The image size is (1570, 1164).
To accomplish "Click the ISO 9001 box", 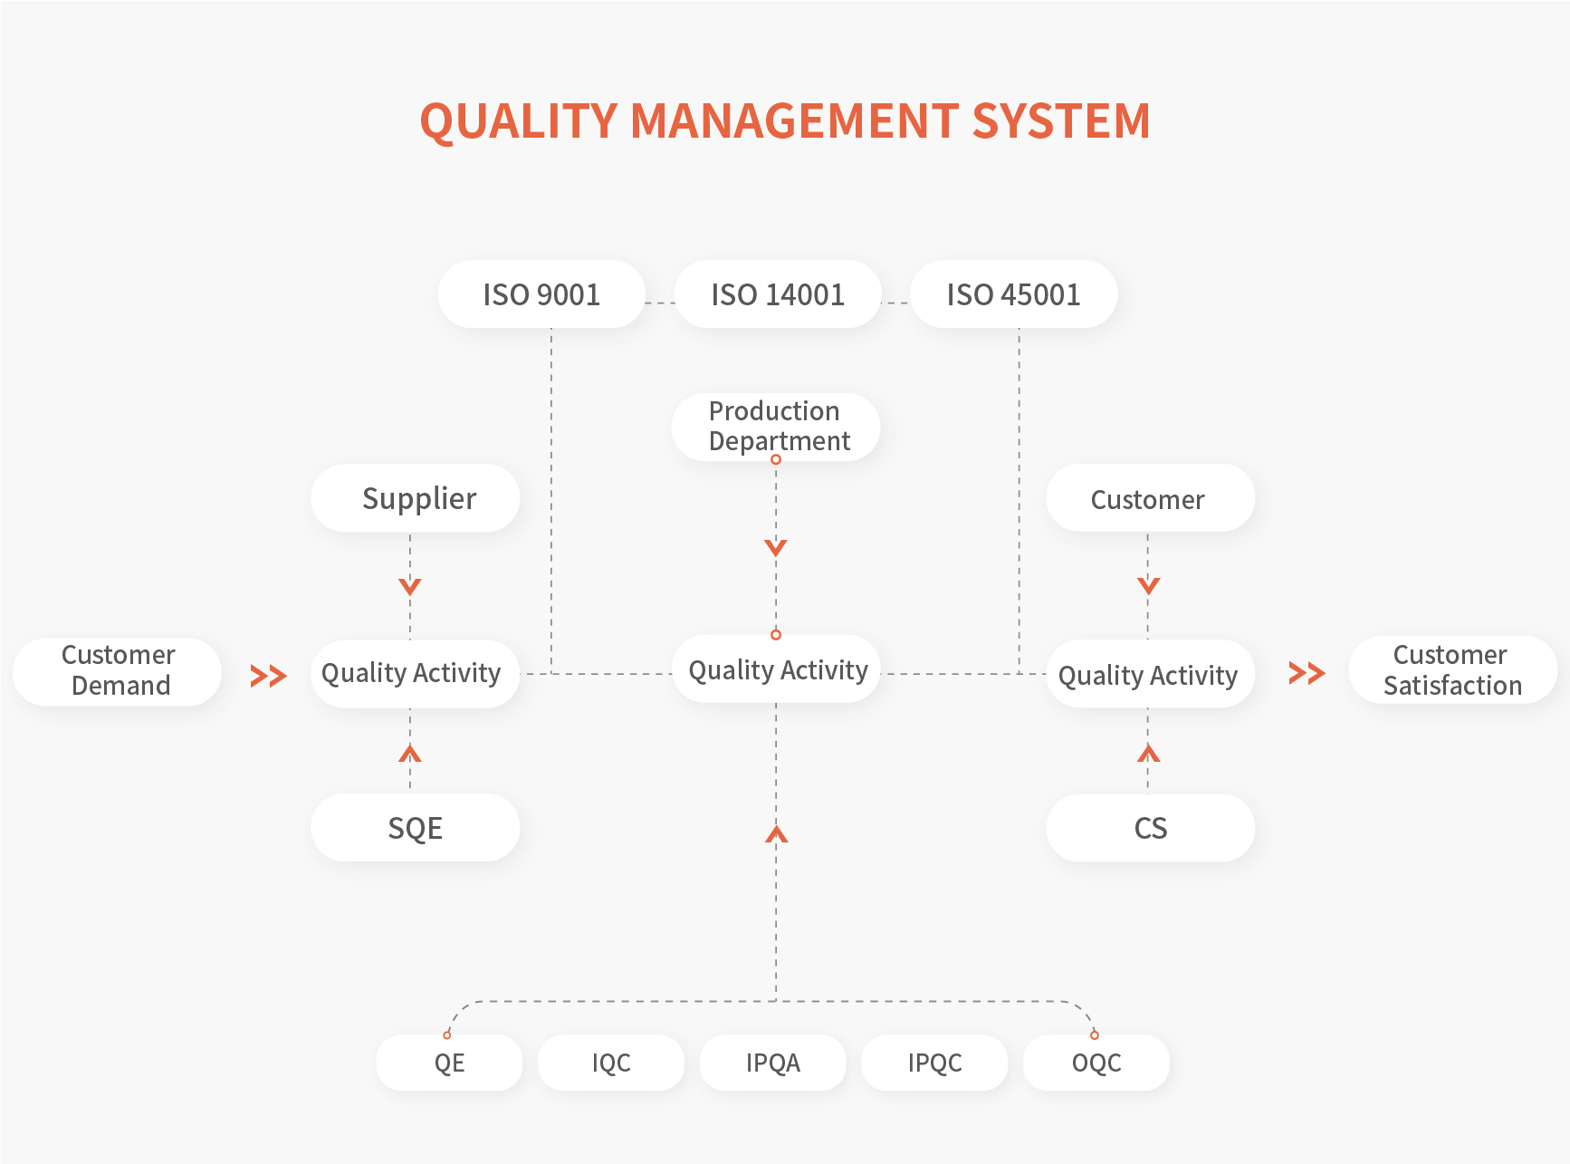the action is [541, 294].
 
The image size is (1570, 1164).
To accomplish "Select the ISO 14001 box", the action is [778, 294].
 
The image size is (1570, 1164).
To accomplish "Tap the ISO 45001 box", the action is [1014, 294].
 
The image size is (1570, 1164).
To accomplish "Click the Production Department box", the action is [776, 427].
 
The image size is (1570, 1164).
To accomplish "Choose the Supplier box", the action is [416, 498].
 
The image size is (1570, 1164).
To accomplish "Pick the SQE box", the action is [416, 828].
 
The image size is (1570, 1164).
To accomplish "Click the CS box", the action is [1151, 828].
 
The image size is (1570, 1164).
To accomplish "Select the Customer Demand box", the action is [118, 671].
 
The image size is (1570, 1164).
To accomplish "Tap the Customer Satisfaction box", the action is [1453, 670].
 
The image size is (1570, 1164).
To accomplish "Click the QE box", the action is [449, 1063].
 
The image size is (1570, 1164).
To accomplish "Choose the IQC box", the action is [611, 1063].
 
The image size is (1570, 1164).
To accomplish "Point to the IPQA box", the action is [773, 1063].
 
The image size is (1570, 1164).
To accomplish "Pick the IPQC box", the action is [934, 1063].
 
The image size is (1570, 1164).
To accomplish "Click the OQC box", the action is [1096, 1063].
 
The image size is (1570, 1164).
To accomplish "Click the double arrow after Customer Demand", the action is [269, 676].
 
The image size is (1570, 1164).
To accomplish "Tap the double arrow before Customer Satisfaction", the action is [1307, 673].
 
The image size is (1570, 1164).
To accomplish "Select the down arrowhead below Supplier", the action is [410, 587].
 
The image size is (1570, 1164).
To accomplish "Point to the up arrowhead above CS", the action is [1148, 753].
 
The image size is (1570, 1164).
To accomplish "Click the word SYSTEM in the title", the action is [1061, 120].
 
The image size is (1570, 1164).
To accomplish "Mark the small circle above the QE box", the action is [447, 1034].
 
